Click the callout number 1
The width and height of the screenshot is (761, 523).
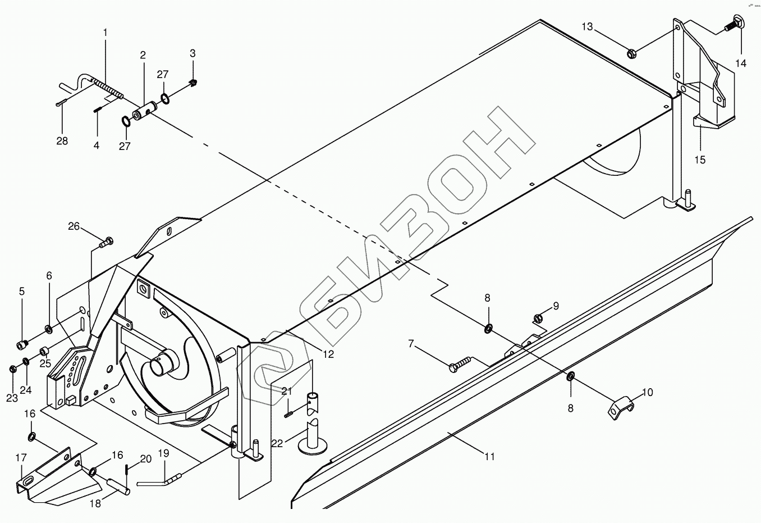(x=105, y=33)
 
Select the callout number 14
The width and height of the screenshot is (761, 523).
(x=741, y=63)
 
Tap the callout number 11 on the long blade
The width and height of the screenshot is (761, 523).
(x=490, y=457)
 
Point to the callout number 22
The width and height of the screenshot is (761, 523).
(x=277, y=443)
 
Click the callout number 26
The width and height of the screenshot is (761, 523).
(x=74, y=227)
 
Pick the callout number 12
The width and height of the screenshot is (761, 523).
(x=328, y=354)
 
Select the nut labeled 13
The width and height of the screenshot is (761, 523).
(x=631, y=54)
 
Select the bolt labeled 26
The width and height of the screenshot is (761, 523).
(x=106, y=243)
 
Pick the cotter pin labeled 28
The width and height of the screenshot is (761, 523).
(x=63, y=103)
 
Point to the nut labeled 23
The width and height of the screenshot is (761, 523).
(x=12, y=369)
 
